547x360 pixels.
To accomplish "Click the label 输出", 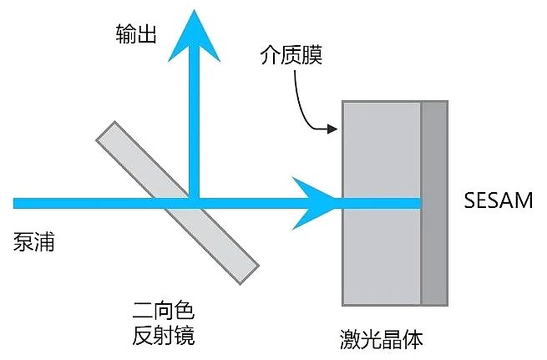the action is point(135,34).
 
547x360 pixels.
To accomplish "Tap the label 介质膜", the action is point(291,55).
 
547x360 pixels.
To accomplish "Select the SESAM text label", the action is point(499,200).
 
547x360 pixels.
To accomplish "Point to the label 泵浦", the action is point(34,241).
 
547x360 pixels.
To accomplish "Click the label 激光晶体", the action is point(382,339).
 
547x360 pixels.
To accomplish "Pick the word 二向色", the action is point(163,310).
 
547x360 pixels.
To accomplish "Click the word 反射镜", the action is point(163,335).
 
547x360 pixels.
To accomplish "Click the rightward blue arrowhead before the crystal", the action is point(313,203).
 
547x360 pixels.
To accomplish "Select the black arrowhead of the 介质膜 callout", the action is point(332,129).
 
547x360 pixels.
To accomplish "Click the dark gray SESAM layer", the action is point(434,203).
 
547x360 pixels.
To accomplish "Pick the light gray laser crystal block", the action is point(382,203).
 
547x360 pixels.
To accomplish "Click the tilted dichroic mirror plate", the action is point(177,203).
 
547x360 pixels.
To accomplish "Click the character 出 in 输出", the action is point(146,34).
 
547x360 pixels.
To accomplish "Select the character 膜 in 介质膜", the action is point(312,55).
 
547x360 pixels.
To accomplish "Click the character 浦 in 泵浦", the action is point(44,241).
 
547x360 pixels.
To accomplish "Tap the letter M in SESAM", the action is point(524,200).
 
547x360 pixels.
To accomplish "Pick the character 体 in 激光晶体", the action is point(413,339).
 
